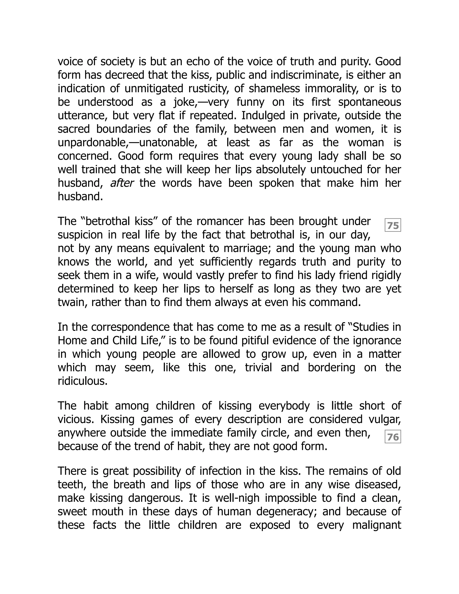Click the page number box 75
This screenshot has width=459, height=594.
pos(393,225)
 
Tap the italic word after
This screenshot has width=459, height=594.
pos(121,183)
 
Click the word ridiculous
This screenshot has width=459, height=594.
pos(82,381)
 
